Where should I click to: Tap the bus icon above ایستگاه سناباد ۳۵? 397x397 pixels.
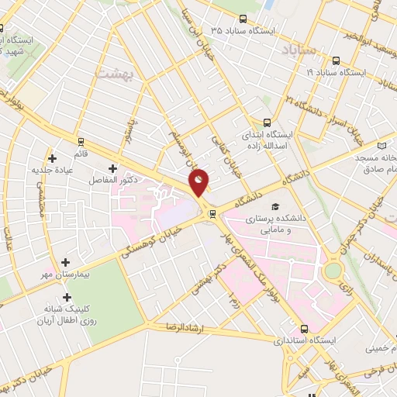(x=244, y=19)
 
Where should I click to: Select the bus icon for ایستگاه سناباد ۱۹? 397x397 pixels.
(x=335, y=60)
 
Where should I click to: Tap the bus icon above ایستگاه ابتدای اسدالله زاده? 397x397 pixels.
(x=268, y=122)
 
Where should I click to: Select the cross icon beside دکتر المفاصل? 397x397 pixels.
(x=113, y=167)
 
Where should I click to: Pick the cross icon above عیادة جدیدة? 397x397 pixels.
(x=52, y=157)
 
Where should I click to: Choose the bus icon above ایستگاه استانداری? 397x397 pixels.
(x=305, y=327)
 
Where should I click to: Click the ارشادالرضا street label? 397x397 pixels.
(x=183, y=327)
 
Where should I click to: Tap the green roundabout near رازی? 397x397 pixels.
(x=333, y=271)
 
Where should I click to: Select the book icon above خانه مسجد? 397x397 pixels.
(x=381, y=145)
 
